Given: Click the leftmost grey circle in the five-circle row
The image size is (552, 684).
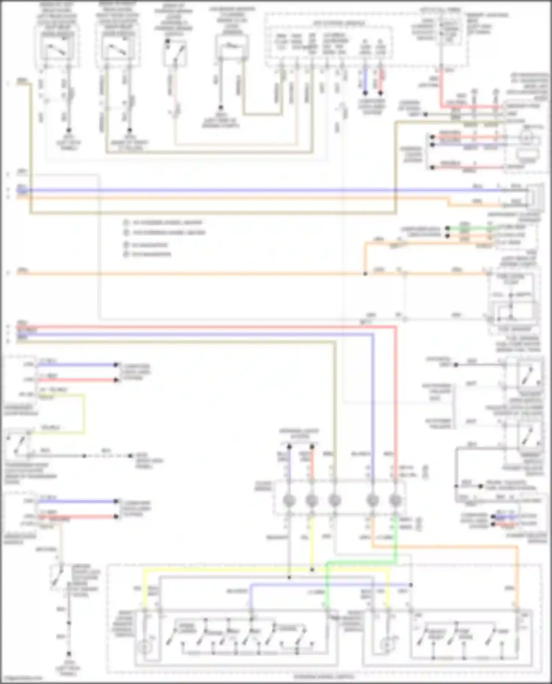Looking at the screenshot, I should pyautogui.click(x=289, y=500).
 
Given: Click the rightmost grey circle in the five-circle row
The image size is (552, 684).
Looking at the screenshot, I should pyautogui.click(x=395, y=500).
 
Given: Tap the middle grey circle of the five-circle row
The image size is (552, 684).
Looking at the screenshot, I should pyautogui.click(x=335, y=500).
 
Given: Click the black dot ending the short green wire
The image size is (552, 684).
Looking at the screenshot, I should pyautogui.click(x=447, y=228).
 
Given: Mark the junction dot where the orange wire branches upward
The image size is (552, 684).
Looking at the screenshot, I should pyautogui.click(x=365, y=274).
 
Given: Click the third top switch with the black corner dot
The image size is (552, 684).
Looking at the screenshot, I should pyautogui.click(x=175, y=53).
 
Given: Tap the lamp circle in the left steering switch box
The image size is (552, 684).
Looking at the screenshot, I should pyautogui.click(x=144, y=647).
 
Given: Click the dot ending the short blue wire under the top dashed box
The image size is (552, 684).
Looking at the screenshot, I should pyautogui.click(x=365, y=93).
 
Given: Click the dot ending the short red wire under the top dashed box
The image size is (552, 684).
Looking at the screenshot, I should pyautogui.click(x=381, y=93).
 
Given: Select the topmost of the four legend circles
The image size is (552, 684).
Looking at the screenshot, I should pyautogui.click(x=126, y=222).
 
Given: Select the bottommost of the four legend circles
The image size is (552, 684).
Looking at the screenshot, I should pyautogui.click(x=126, y=254).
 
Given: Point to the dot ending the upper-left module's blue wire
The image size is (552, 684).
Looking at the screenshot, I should pyautogui.click(x=116, y=365).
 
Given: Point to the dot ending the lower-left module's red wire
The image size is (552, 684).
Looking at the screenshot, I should pyautogui.click(x=116, y=516).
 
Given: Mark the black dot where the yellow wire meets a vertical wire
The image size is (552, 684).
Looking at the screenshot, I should pyautogui.click(x=312, y=570).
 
